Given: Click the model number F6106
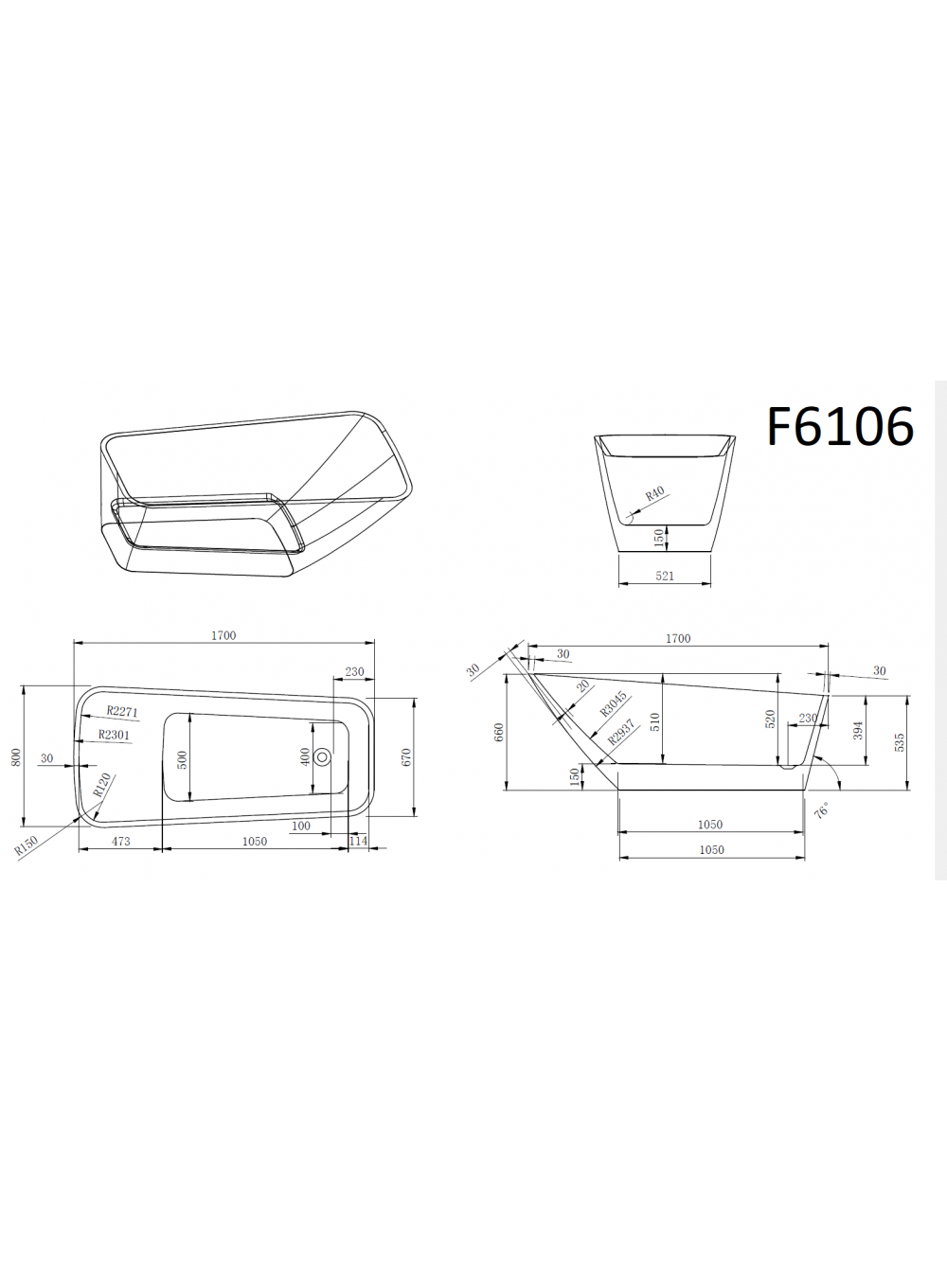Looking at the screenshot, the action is [840, 427].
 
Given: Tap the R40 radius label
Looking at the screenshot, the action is [655, 493].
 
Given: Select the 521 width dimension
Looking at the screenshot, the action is [665, 576].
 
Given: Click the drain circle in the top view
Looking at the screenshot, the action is [323, 756].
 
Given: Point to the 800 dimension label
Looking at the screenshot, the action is [16, 756].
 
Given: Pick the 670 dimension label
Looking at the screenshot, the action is [406, 756].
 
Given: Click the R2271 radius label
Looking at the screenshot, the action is [122, 711].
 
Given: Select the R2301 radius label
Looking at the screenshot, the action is [114, 735].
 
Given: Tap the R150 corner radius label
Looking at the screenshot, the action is [26, 845].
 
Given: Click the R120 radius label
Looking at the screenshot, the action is [101, 785].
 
